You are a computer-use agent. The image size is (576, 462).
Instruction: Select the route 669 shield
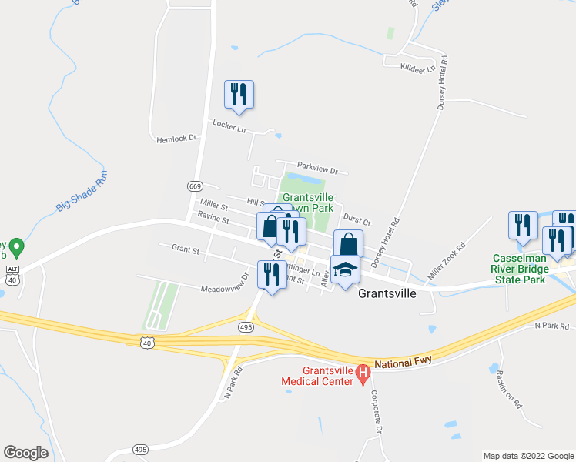coord(195,186)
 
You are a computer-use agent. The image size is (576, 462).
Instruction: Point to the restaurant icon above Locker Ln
coord(239,94)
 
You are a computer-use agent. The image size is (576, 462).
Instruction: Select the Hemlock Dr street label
coord(176,139)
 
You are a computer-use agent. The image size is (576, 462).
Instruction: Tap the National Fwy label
coord(405,362)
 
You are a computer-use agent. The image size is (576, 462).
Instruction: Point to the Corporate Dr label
coord(377,409)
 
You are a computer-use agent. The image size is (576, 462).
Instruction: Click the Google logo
coord(25,453)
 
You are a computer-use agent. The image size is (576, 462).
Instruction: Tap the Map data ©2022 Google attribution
coord(527,456)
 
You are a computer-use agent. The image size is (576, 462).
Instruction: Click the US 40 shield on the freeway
coord(147,341)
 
